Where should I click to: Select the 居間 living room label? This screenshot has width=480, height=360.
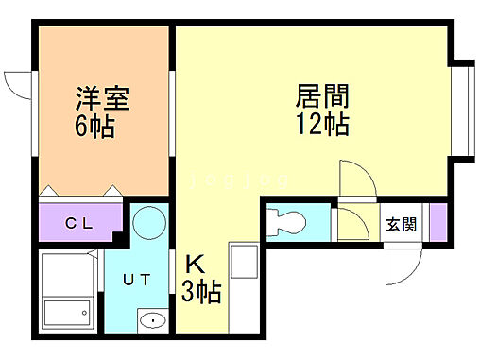pyautogui.click(x=322, y=96)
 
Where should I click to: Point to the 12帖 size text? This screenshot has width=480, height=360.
pyautogui.click(x=323, y=124)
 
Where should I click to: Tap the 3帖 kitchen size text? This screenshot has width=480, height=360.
pyautogui.click(x=201, y=292)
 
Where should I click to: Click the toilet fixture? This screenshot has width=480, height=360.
pyautogui.click(x=286, y=223)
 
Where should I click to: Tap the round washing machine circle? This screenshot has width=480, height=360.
pyautogui.click(x=148, y=224)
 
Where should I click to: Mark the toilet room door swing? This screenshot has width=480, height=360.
pyautogui.click(x=351, y=225)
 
